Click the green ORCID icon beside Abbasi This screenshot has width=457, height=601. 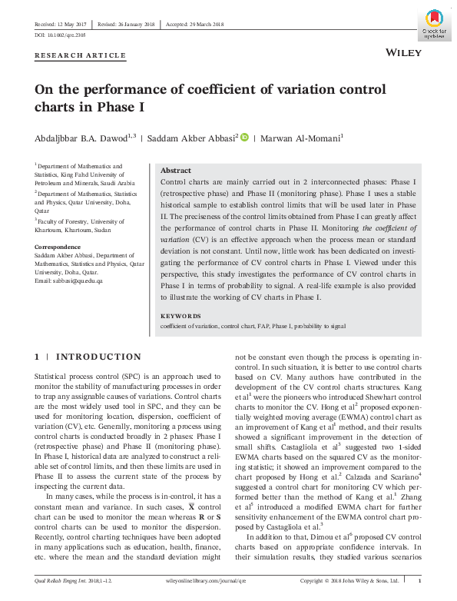click(x=244, y=138)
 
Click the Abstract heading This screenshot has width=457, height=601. click(x=174, y=171)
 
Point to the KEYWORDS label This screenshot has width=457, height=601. click(x=180, y=316)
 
